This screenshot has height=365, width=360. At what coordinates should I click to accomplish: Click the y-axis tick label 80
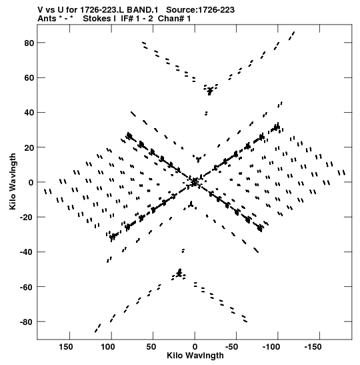point(29,43)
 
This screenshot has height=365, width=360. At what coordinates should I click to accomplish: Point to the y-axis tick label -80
point(27,322)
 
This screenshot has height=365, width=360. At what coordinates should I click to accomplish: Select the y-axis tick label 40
point(29,113)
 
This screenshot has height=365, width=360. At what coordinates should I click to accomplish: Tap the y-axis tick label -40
point(27,252)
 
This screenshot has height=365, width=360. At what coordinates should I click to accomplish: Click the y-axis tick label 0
point(31,183)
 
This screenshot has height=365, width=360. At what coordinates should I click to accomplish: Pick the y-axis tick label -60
point(27,287)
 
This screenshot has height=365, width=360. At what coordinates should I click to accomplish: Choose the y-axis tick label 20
point(29,147)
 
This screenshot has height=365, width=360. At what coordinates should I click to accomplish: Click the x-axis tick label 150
point(66,347)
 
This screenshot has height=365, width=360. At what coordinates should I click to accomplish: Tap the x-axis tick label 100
point(108,347)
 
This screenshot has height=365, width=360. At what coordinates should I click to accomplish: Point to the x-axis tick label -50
point(231,347)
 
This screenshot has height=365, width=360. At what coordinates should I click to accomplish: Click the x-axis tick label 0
point(195,347)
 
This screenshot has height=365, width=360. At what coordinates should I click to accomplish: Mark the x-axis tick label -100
point(271,347)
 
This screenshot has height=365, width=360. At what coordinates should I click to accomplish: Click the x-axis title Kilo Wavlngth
point(195,356)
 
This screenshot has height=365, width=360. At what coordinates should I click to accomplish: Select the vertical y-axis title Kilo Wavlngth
point(13,181)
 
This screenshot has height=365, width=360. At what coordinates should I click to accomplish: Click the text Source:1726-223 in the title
point(200,10)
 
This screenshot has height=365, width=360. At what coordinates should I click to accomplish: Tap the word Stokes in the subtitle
point(99,19)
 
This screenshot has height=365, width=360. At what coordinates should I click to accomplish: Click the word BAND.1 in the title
point(142,10)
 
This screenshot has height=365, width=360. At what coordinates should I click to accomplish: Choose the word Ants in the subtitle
point(47,19)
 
